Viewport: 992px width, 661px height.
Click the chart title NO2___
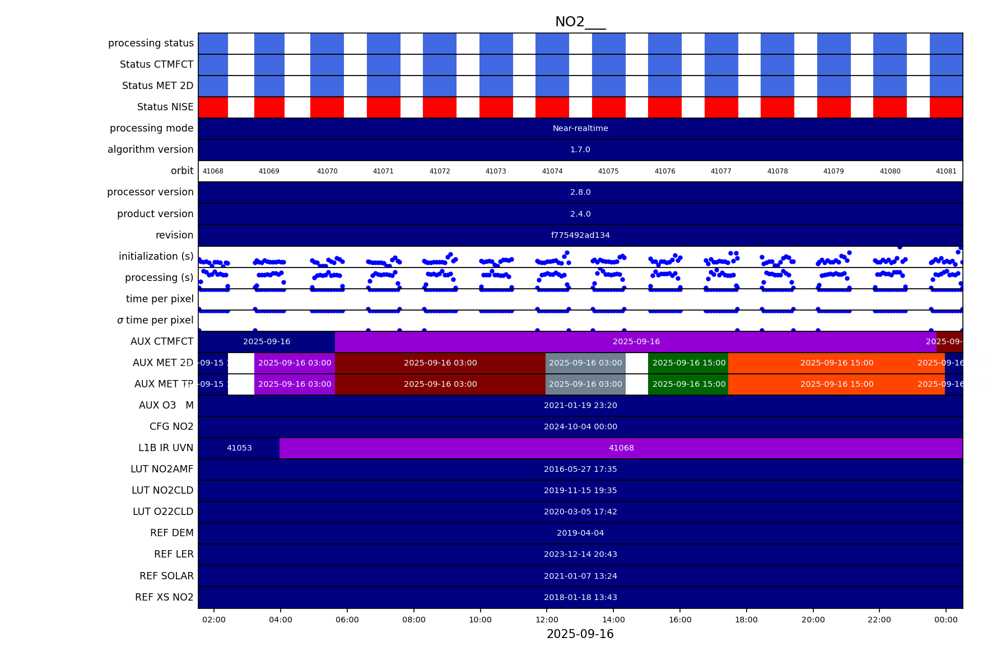(580, 22)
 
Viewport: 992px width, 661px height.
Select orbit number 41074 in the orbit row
(552, 171)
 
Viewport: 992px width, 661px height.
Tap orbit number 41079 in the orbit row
(833, 171)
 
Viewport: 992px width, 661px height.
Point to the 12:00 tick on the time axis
(547, 620)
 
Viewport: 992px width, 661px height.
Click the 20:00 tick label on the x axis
(813, 620)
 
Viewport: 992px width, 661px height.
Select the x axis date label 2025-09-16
(580, 634)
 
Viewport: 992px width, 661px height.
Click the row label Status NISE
(165, 107)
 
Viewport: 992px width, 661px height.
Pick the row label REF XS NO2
(164, 597)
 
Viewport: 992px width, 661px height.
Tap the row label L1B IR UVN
(166, 448)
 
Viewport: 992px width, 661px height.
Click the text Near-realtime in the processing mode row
(580, 128)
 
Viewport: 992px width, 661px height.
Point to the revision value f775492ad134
(580, 235)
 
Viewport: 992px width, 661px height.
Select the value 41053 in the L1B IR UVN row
(239, 448)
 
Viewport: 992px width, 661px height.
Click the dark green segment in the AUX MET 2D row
(688, 363)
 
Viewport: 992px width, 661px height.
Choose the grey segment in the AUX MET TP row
(585, 384)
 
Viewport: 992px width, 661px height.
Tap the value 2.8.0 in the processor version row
(580, 192)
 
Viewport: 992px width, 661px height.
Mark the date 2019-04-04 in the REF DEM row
(580, 533)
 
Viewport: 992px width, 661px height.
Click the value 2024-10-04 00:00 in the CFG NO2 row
(580, 426)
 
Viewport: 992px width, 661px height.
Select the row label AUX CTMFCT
(162, 341)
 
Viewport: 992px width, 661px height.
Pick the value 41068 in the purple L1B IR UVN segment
(621, 448)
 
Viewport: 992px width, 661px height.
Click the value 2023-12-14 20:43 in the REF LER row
(580, 554)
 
